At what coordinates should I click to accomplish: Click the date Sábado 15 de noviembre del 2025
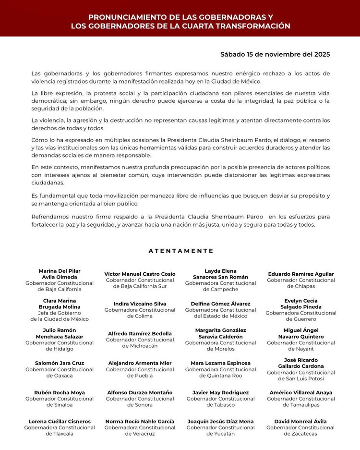275,54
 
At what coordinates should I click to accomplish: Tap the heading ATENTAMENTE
180,251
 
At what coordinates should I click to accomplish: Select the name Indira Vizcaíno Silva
140,304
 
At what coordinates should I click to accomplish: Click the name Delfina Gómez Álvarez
221,304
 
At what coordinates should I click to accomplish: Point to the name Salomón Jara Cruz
60,363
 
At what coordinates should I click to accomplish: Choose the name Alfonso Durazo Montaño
140,392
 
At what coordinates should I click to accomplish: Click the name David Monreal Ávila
300,422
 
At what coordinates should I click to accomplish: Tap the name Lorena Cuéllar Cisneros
60,422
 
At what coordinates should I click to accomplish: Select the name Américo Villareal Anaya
300,392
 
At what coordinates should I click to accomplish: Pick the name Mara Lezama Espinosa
221,363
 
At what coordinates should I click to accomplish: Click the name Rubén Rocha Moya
60,392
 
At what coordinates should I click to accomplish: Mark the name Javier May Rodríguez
221,392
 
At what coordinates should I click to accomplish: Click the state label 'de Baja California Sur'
140,286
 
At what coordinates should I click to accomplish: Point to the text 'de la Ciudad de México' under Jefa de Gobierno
60,319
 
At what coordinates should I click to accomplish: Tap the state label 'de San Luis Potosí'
300,378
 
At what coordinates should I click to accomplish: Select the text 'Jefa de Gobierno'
60,313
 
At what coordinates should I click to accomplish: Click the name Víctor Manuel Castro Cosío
140,274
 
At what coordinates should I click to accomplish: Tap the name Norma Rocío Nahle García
140,422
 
